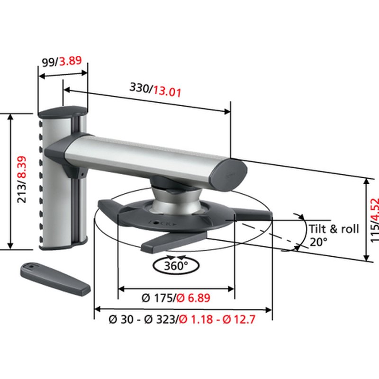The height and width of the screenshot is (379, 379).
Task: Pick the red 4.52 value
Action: pyautogui.click(x=375, y=207)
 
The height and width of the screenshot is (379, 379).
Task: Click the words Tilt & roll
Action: pyautogui.click(x=334, y=229)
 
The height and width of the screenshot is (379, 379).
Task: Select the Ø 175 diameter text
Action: pyautogui.click(x=157, y=298)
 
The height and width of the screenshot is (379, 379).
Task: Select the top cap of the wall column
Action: pyautogui.click(x=62, y=113)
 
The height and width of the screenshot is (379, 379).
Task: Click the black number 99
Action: pyautogui.click(x=47, y=61)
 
